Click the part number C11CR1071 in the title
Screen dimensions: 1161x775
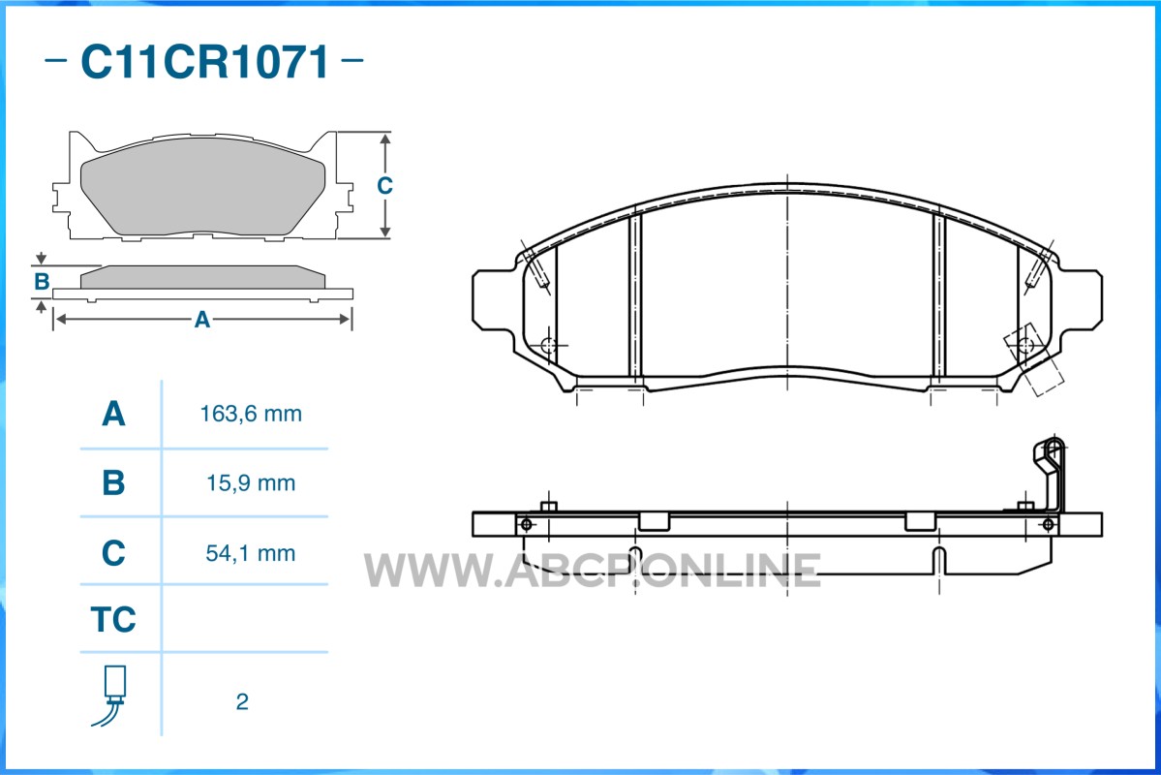(x=205, y=61)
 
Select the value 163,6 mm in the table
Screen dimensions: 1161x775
(x=251, y=414)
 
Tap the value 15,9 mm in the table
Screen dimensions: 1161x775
(x=251, y=483)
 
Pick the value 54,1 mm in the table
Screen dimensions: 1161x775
(x=251, y=553)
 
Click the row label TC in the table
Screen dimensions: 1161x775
(x=113, y=619)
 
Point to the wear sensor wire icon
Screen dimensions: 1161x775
(x=111, y=696)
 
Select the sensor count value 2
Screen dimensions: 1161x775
(x=242, y=701)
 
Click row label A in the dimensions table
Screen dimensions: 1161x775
(x=113, y=414)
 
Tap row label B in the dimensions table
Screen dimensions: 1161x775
(x=113, y=483)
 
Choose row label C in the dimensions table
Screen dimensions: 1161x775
(x=113, y=553)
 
